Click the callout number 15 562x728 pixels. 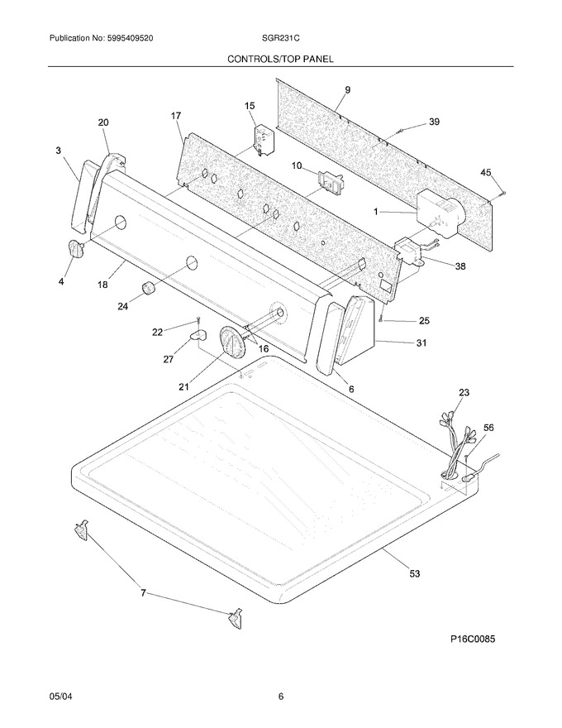tap(250, 107)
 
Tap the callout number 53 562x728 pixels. tap(415, 573)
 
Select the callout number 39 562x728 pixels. tap(434, 122)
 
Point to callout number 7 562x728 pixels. tap(143, 593)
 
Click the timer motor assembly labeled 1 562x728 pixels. tap(440, 215)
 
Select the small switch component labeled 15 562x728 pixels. tap(263, 139)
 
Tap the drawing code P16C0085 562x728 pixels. tap(473, 639)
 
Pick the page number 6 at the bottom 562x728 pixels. tap(281, 697)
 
